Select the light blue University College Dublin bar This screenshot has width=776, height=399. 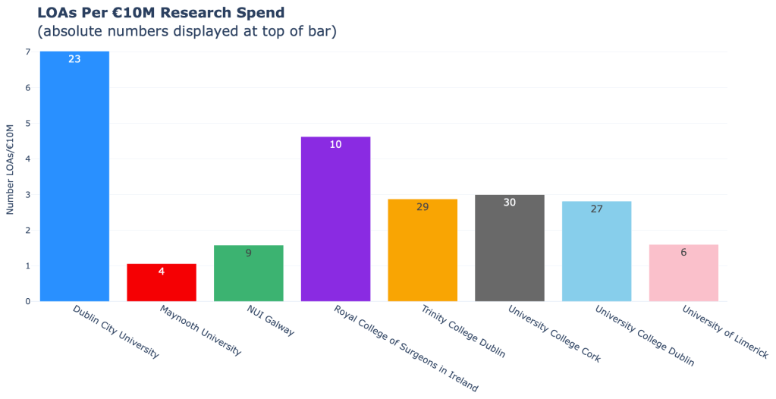tap(596, 255)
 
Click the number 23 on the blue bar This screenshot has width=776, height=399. tap(74, 58)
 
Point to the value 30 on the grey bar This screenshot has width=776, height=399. tap(509, 203)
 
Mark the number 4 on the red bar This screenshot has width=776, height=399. tap(162, 271)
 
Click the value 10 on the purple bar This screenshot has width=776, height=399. tap(335, 144)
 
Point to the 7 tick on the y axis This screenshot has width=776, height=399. tap(27, 52)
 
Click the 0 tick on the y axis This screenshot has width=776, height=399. tap(27, 301)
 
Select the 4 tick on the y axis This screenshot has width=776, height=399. tap(27, 159)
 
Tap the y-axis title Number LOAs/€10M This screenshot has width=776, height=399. tap(11, 168)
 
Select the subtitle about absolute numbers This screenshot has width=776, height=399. tap(187, 31)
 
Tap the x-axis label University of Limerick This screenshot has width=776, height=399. tap(724, 332)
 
